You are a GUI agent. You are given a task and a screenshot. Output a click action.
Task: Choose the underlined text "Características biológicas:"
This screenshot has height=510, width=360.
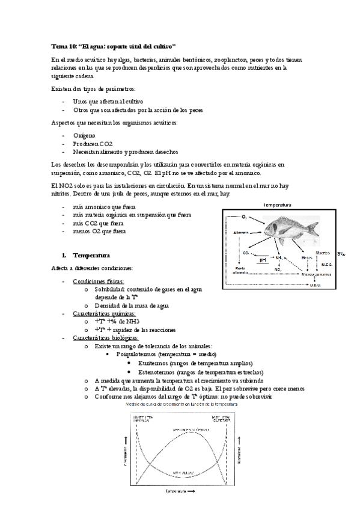105,337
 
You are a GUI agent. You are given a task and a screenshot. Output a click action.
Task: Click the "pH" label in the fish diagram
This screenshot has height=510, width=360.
263,260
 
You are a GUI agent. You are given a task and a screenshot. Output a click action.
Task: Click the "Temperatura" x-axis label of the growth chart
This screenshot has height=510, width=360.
177,491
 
